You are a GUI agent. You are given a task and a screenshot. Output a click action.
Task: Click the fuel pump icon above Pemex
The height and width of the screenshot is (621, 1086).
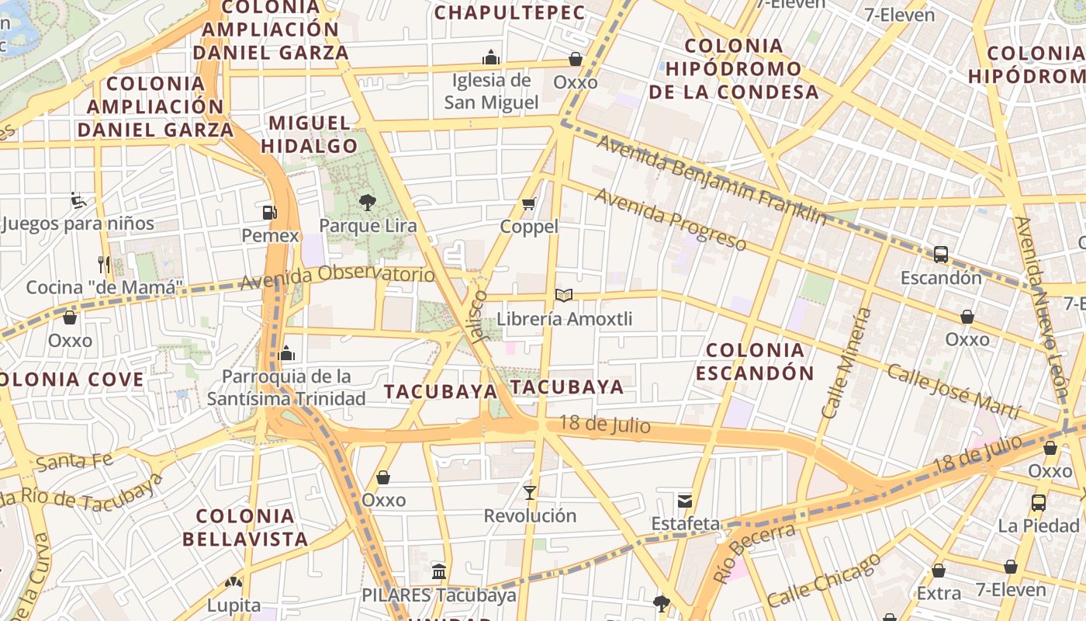tap(269, 212)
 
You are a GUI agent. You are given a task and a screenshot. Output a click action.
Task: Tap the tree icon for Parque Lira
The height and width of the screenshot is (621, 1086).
tap(367, 203)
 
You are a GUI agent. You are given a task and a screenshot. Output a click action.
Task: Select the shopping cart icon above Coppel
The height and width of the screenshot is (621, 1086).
tap(529, 204)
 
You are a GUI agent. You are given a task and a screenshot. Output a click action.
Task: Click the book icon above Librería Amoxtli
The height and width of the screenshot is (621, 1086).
tap(564, 295)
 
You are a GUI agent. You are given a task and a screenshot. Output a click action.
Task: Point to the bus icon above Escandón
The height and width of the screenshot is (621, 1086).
tap(941, 254)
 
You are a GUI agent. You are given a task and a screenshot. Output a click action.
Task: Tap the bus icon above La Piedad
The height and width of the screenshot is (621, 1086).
tap(1039, 502)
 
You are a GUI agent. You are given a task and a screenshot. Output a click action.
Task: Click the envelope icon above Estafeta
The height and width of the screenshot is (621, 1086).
tap(685, 500)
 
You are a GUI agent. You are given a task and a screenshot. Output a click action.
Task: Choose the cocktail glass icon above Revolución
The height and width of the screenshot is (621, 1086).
tap(530, 492)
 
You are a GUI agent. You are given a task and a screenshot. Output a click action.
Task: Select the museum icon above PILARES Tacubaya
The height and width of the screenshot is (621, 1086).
tap(439, 572)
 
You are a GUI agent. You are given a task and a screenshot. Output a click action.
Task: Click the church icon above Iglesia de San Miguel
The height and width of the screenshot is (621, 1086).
tap(490, 57)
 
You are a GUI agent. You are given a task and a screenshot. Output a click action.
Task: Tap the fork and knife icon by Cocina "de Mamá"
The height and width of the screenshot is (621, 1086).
tap(104, 264)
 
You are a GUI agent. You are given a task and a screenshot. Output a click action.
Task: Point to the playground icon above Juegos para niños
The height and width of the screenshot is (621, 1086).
tap(78, 201)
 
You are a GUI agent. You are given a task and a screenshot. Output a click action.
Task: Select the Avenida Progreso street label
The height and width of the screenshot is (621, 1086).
tap(670, 219)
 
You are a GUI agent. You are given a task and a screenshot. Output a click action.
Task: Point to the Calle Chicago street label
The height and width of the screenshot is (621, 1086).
tap(824, 580)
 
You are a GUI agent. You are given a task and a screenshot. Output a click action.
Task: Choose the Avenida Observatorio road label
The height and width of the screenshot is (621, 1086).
tap(337, 277)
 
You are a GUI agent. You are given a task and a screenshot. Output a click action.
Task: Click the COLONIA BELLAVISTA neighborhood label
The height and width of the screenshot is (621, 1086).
tap(245, 527)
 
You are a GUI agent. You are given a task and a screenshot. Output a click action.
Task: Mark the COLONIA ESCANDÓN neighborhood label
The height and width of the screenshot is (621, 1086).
tap(755, 361)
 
